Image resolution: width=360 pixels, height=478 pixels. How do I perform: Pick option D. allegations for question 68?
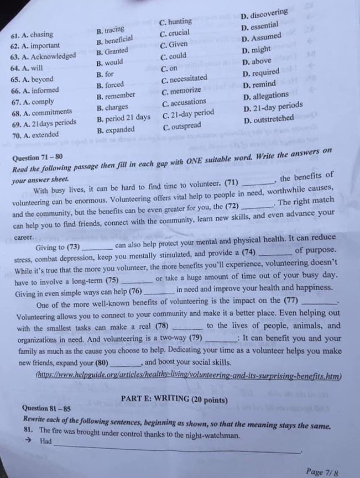click(x=266, y=96)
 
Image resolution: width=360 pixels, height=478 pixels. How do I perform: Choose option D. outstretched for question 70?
click(x=269, y=119)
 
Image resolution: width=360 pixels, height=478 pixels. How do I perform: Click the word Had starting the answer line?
click(x=46, y=441)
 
